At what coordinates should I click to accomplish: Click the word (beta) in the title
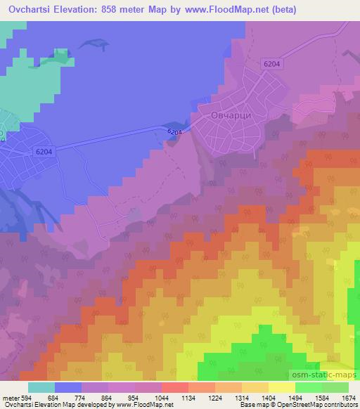277,10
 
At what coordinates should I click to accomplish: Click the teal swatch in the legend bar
41,387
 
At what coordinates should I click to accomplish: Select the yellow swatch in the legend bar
281,387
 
